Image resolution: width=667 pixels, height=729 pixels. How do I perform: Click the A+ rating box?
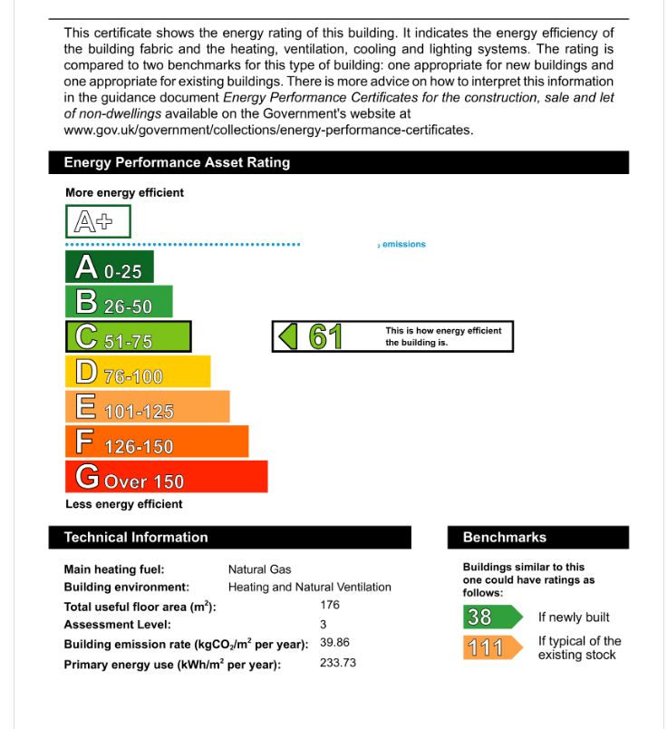click(98, 221)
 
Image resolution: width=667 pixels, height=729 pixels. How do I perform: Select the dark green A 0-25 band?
click(110, 267)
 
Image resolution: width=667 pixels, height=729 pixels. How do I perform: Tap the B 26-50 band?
click(119, 302)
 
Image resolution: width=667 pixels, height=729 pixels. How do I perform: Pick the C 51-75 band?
click(128, 337)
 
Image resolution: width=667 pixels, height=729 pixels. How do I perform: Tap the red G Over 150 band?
click(166, 477)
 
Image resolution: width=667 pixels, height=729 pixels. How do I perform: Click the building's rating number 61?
click(324, 336)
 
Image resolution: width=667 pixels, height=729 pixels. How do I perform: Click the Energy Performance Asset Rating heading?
click(177, 162)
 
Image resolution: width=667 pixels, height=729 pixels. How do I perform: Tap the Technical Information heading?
click(136, 537)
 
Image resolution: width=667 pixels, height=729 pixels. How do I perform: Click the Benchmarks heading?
click(505, 537)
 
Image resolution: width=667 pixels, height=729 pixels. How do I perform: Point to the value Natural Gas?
click(259, 569)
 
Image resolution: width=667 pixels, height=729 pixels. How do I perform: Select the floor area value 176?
click(330, 604)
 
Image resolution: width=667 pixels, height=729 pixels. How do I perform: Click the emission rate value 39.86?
click(334, 642)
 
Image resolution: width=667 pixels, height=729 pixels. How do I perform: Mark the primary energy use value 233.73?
click(338, 663)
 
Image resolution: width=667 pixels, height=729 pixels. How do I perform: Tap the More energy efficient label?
click(124, 192)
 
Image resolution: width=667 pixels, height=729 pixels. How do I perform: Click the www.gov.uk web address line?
click(268, 130)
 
